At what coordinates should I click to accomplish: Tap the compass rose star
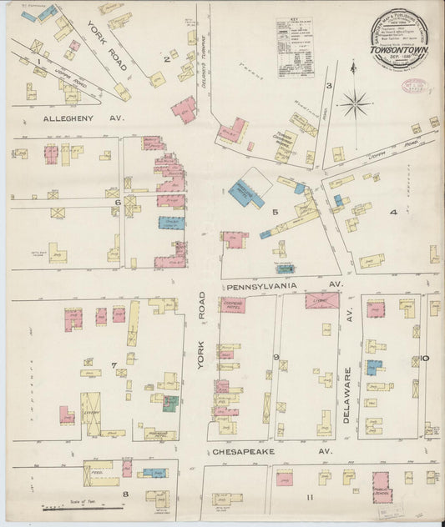tap(355, 104)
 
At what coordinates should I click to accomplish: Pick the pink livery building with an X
tap(321, 300)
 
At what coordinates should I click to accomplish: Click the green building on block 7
tap(170, 404)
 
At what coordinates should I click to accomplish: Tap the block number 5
tap(274, 212)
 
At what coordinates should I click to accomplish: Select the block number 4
tap(392, 212)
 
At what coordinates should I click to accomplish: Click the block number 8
tap(126, 494)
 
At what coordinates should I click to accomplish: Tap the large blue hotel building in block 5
tap(246, 193)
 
